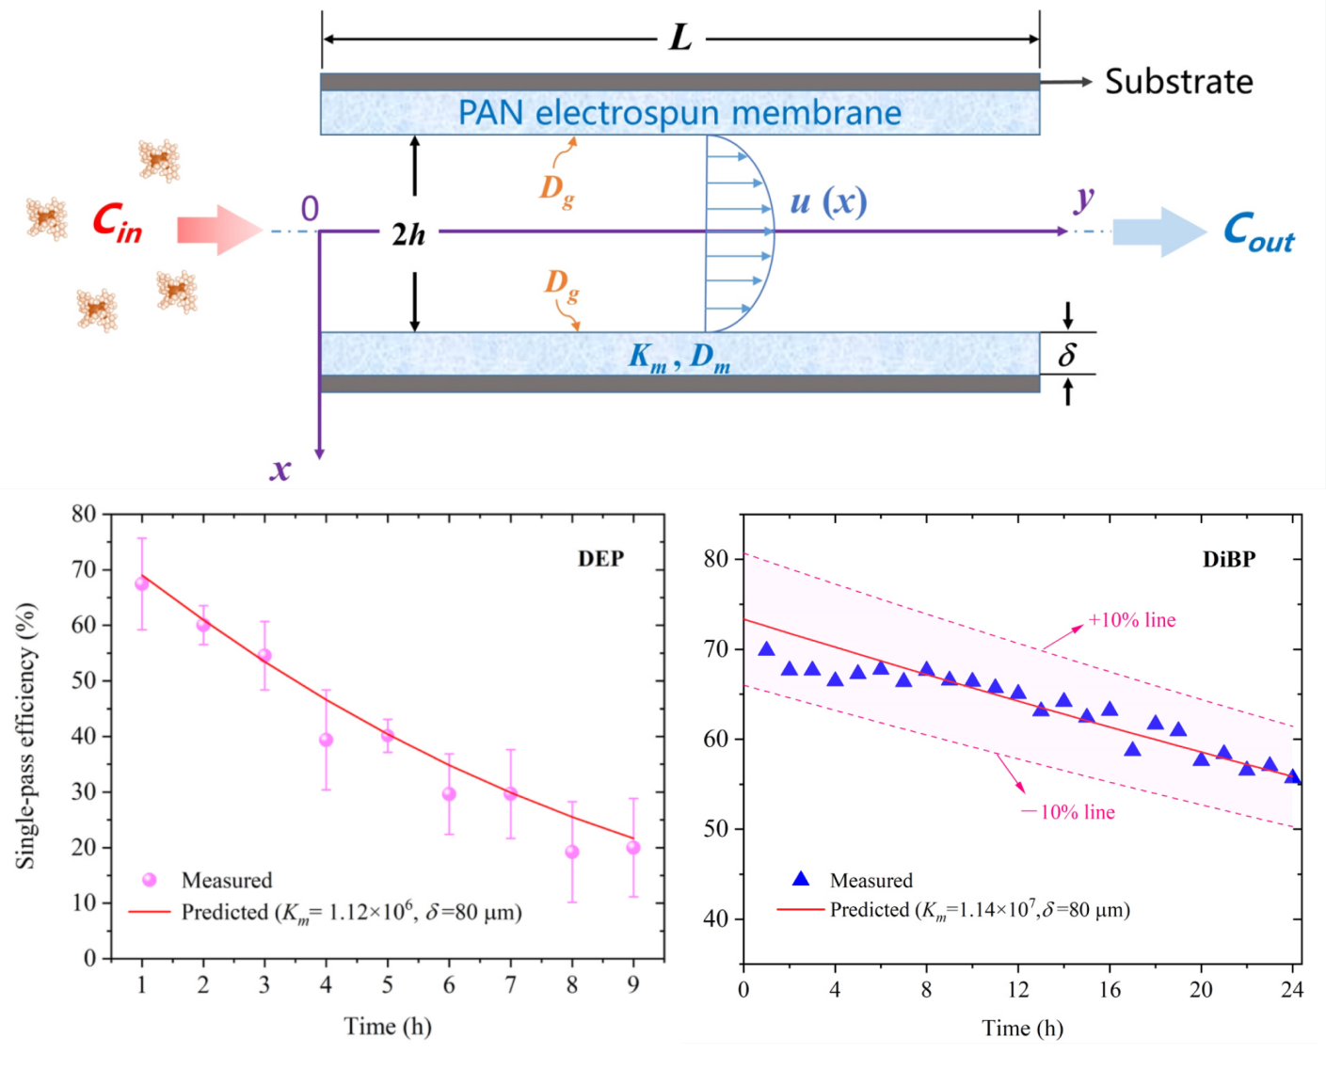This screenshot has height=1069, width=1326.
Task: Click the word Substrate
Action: (1178, 82)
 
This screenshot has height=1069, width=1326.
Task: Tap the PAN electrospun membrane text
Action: (679, 113)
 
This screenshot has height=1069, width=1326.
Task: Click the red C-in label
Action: (117, 224)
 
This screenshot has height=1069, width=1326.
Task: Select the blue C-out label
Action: (1258, 231)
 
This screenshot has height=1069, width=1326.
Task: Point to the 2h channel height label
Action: (409, 234)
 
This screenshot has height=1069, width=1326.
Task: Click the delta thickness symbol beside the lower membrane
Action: (1066, 355)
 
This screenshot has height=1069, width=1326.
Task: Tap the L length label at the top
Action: (679, 39)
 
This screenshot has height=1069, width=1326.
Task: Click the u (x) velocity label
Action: (828, 201)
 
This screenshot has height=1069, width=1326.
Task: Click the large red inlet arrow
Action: (218, 230)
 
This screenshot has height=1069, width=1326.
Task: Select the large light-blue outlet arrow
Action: (1158, 231)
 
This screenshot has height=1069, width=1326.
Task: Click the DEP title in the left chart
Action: (600, 559)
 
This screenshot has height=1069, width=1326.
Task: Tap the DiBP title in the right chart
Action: (1228, 560)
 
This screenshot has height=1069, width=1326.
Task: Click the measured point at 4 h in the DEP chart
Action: (326, 740)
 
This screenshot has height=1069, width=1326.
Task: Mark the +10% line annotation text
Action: (1131, 620)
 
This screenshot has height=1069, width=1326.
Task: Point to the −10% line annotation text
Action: (1068, 812)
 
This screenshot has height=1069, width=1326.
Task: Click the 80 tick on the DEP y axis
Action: (84, 514)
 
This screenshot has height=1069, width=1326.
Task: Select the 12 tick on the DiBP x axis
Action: (1018, 989)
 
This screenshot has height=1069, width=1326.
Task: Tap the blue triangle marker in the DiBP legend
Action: (801, 879)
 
